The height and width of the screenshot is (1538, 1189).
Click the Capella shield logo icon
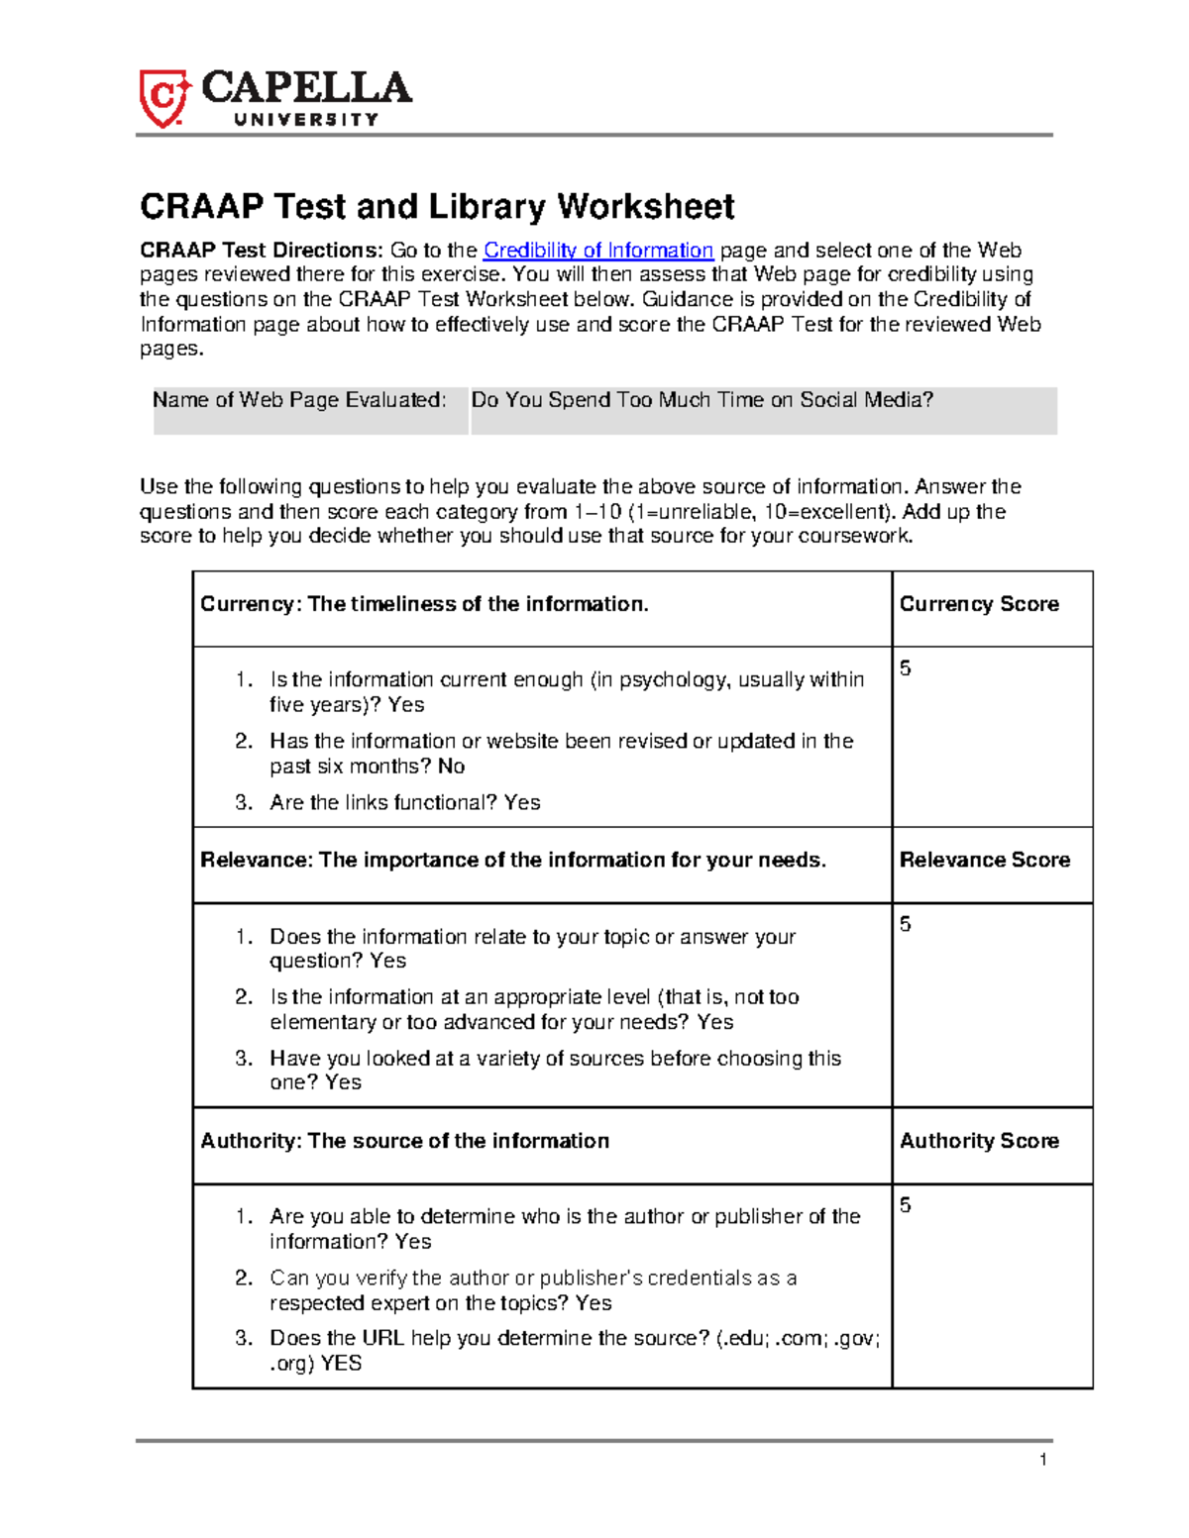[162, 98]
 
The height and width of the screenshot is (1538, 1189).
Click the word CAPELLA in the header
[306, 88]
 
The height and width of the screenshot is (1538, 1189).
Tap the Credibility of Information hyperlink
[597, 251]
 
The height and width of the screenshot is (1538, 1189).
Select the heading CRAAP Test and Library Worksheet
[437, 207]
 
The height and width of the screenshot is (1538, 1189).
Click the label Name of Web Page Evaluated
[299, 400]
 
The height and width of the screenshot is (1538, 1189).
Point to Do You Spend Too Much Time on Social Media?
[702, 400]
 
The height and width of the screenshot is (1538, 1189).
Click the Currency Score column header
[978, 604]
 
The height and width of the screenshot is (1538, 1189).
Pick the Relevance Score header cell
[984, 860]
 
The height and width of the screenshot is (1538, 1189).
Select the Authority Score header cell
[978, 1141]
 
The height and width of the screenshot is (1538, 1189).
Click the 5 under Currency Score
[905, 669]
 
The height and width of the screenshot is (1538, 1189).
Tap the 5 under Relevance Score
[905, 925]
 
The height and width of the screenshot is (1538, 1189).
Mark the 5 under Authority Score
[905, 1206]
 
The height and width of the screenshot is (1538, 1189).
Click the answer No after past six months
[451, 767]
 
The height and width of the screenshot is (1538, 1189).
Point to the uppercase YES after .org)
[341, 1364]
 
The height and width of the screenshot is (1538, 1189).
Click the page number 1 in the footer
[1042, 1460]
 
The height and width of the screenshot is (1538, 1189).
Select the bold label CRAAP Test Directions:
[261, 251]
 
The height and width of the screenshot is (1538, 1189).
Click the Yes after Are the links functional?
[521, 803]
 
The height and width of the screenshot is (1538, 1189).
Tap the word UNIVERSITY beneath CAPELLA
[306, 120]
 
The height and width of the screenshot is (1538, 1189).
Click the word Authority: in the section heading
[250, 1141]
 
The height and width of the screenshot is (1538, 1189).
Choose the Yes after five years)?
[406, 705]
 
